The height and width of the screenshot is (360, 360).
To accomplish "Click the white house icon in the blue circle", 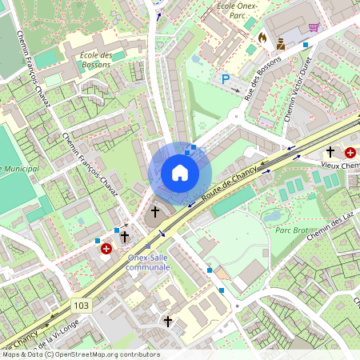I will tap(180, 172).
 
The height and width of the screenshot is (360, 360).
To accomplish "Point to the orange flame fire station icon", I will tap(262, 37).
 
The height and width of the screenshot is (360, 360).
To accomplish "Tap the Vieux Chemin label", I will tap(335, 163).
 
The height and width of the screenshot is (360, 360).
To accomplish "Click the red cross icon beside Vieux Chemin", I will tap(350, 152).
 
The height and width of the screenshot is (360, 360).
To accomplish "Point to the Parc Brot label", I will tap(292, 230).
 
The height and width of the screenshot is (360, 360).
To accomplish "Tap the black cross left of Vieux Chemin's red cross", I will tap(330, 151).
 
